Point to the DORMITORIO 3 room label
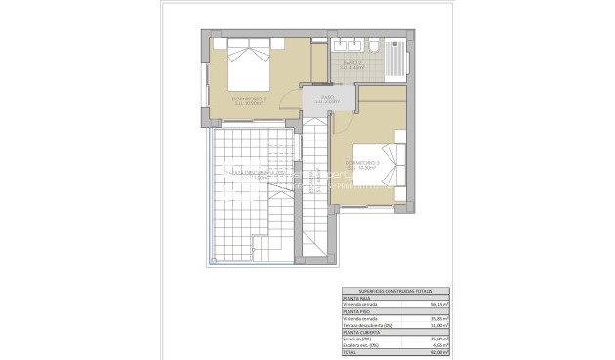coord(361,161)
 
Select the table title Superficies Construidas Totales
coord(395,292)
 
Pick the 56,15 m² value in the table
coord(436,305)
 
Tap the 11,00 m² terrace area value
coord(436,326)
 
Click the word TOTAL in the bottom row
coord(349,353)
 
